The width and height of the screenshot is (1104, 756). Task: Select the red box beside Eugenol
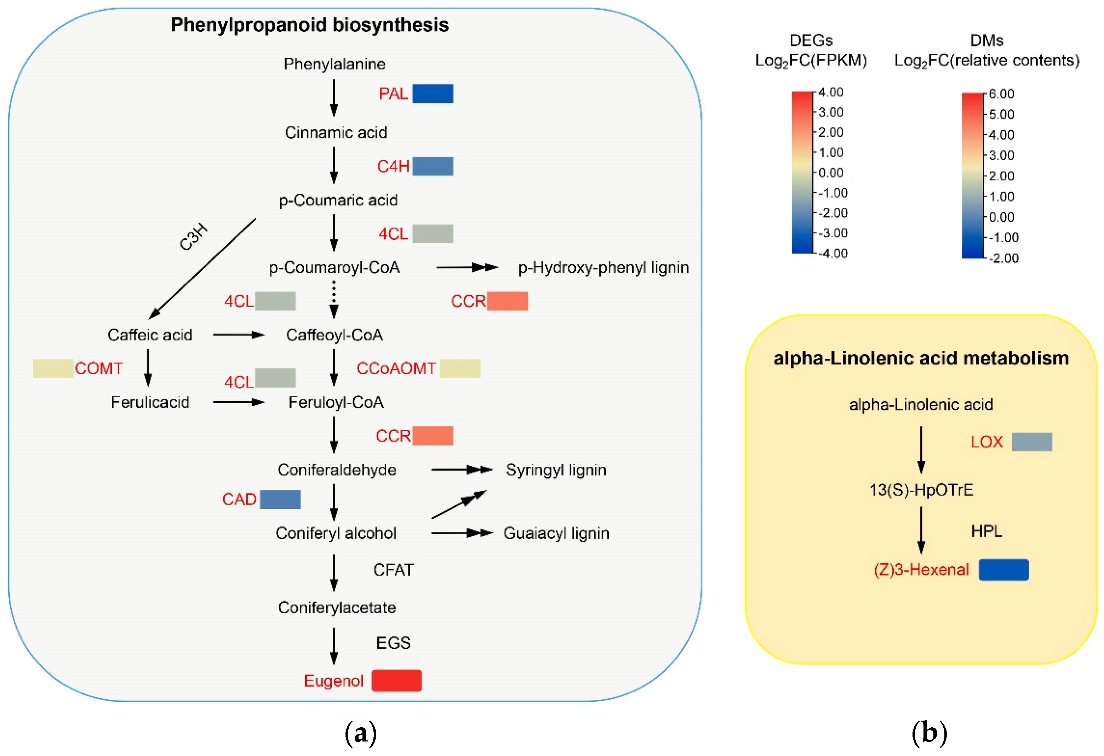coord(396,681)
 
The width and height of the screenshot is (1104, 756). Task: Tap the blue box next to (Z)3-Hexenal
coord(1004,570)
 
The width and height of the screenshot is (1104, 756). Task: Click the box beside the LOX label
coord(1031,442)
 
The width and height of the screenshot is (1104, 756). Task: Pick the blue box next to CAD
coord(280,499)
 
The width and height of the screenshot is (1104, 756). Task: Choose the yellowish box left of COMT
coord(53,368)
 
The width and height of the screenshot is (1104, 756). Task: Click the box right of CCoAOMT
coord(459,368)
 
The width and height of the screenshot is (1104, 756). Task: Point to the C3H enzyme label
coord(193,236)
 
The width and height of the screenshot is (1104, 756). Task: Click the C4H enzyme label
coord(393,166)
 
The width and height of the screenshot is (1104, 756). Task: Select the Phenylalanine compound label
coord(334,64)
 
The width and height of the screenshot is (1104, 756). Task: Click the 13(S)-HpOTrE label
coord(921,490)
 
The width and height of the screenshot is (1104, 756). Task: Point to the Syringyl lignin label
coord(555,470)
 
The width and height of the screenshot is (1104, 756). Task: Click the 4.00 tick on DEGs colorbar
coord(830,92)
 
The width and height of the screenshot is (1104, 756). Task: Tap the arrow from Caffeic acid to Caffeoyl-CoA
coord(239,335)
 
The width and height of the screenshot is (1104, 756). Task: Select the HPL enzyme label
coord(986,531)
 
